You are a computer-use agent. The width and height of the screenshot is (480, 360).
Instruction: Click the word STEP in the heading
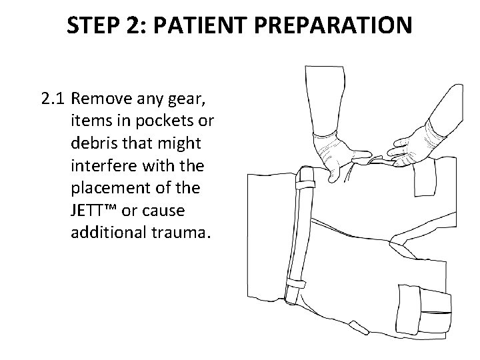[x=93, y=25]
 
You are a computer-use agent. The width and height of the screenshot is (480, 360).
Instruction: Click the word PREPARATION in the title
[x=333, y=25]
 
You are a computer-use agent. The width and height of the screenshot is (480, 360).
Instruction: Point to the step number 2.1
[x=53, y=99]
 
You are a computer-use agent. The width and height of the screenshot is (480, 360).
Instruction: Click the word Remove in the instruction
[x=101, y=99]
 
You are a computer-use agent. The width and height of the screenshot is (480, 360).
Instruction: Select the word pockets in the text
[x=165, y=121]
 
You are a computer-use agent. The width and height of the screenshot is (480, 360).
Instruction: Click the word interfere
[x=104, y=165]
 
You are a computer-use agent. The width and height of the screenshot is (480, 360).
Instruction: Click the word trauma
[x=181, y=233]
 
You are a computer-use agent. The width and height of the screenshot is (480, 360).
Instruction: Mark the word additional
[x=109, y=233]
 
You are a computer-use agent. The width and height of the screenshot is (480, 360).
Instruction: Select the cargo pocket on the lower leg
[x=423, y=310]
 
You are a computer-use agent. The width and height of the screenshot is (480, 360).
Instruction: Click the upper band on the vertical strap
[x=305, y=185]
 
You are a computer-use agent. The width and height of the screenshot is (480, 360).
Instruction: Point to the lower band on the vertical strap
[x=296, y=284]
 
